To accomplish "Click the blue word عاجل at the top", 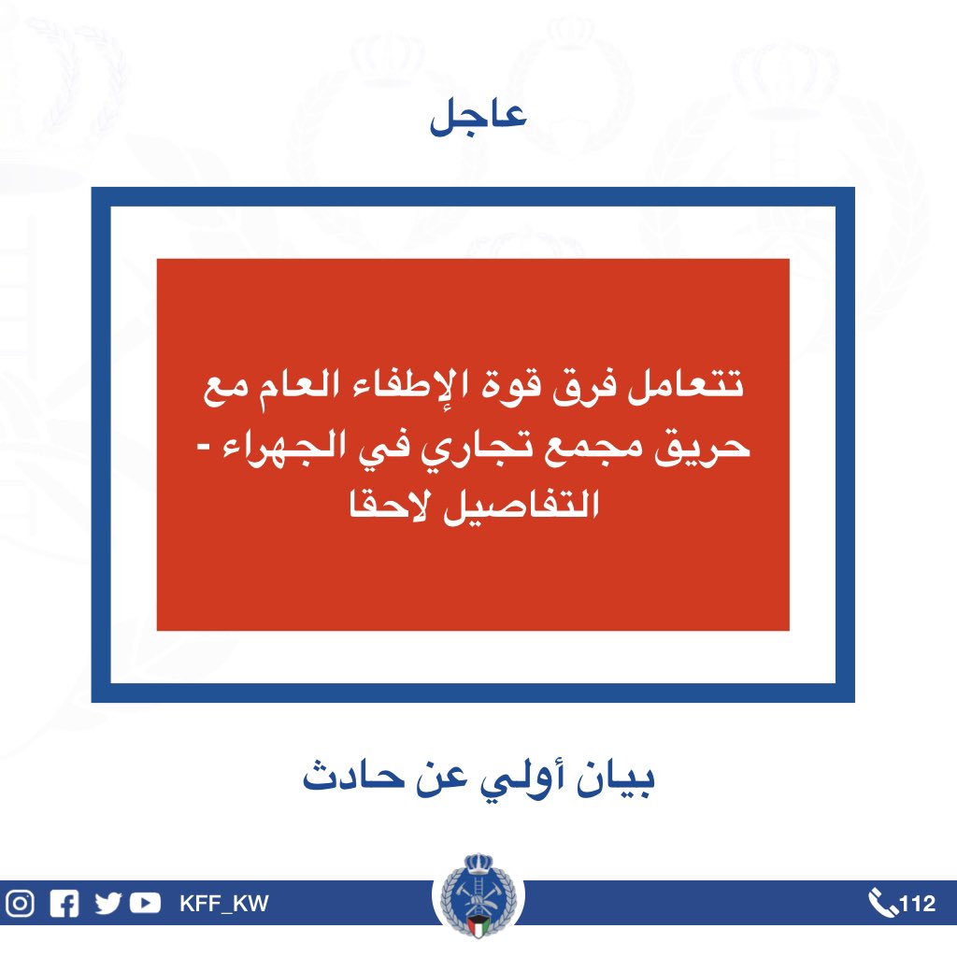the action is (x=478, y=115).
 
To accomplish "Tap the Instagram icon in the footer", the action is (x=21, y=904).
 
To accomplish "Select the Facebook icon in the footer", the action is (x=64, y=904).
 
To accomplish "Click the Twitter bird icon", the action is (x=108, y=904).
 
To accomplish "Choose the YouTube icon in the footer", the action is (x=145, y=904).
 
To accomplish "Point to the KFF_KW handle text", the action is (x=224, y=904).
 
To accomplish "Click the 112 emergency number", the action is (x=918, y=904).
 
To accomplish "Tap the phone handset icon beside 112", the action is (x=882, y=904).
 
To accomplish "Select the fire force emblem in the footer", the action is (x=478, y=895).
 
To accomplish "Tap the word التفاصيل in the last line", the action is (x=521, y=507).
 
